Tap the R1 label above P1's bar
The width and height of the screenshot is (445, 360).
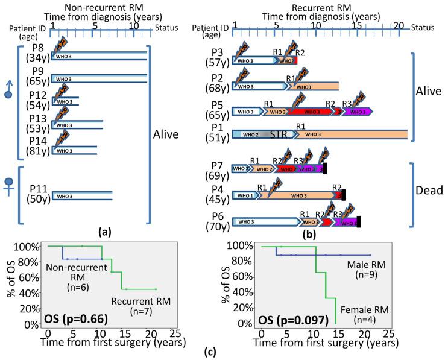tap(299, 125)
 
